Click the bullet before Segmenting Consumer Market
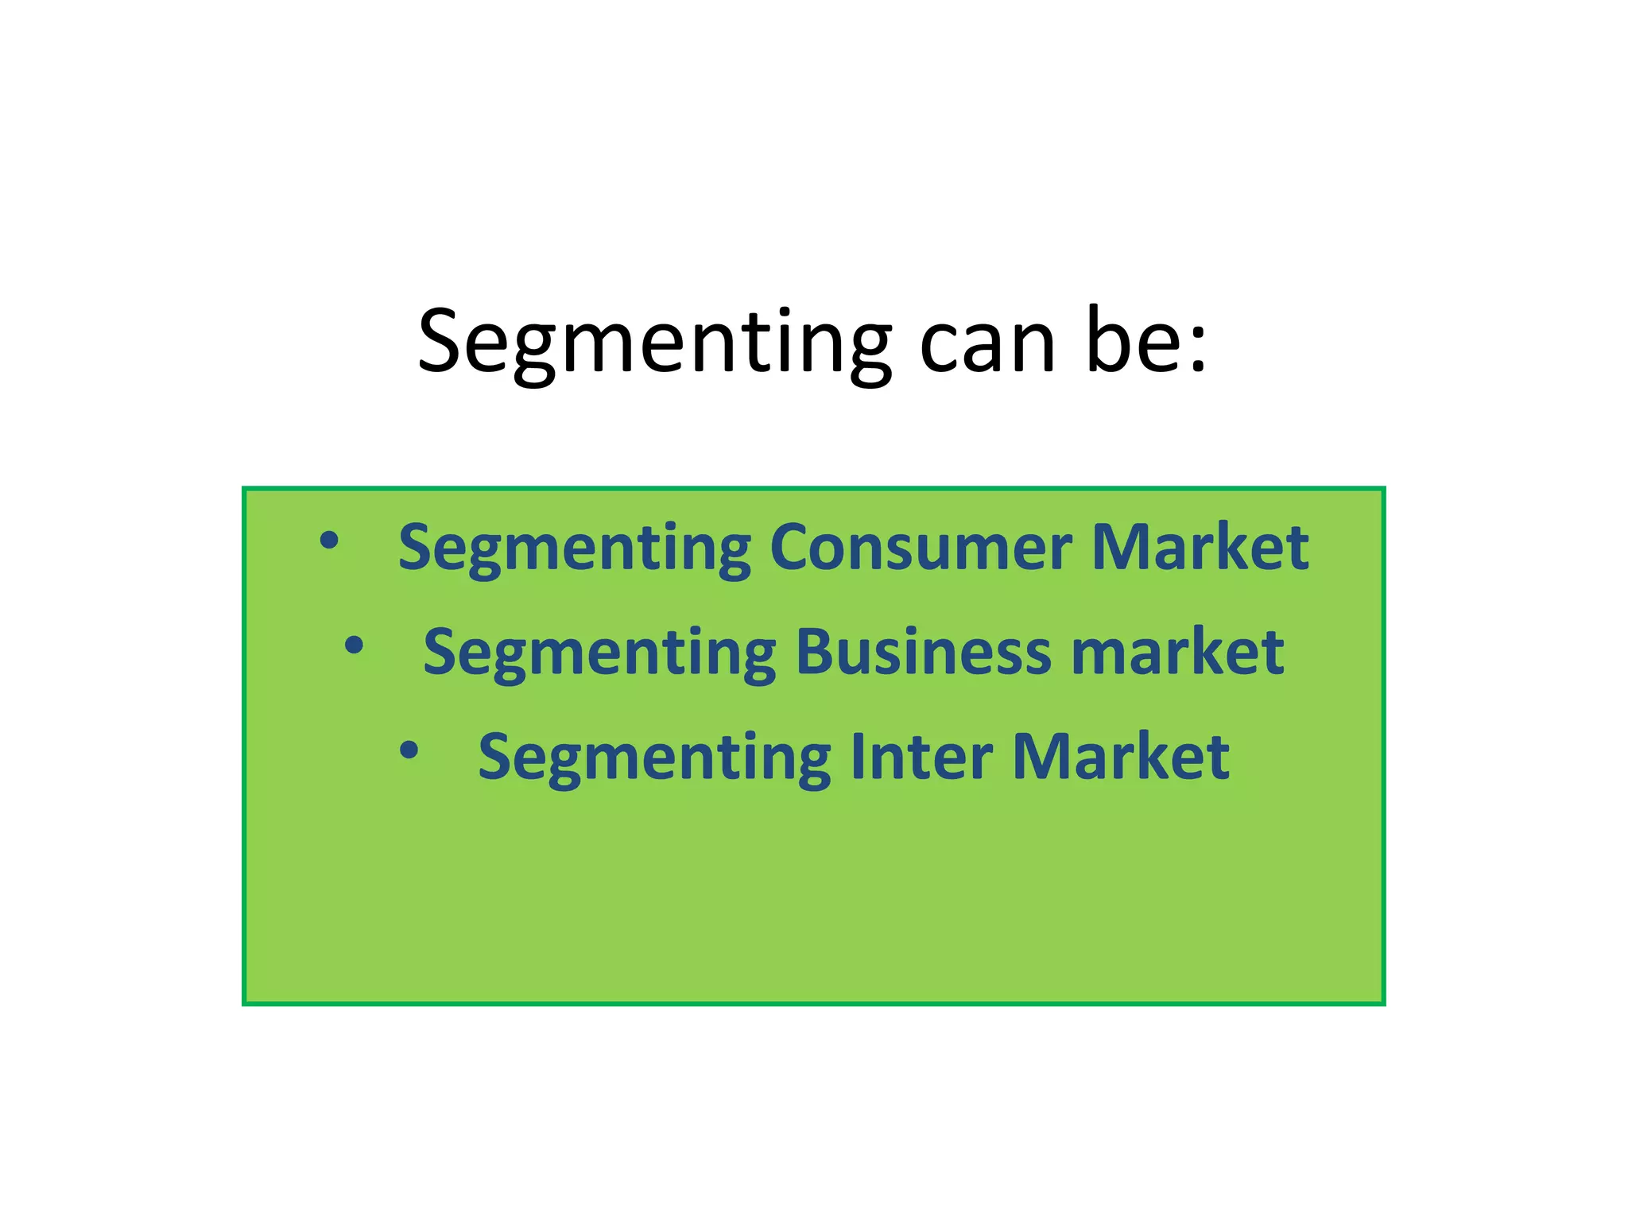[x=328, y=541]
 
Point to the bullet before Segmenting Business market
[x=354, y=645]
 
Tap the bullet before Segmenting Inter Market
[x=409, y=750]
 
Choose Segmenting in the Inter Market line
[x=654, y=758]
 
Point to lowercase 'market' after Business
[x=1177, y=651]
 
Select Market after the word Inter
[x=1121, y=756]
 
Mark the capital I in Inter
[x=857, y=756]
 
